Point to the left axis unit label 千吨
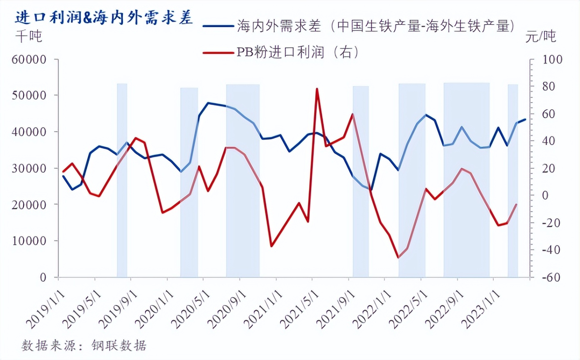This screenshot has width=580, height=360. pos(29,37)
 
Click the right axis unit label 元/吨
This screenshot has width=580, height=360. pos(540,37)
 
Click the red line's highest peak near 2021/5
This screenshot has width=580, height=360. pos(317,89)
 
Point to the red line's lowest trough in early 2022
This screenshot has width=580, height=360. pos(398,257)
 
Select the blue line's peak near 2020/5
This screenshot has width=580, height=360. pos(208,103)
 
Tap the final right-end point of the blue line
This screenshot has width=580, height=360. pos(525,119)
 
